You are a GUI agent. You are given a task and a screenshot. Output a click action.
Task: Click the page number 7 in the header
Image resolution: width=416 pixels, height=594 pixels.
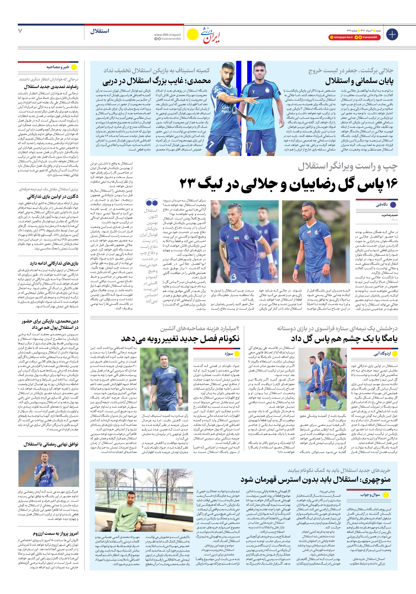point(20,31)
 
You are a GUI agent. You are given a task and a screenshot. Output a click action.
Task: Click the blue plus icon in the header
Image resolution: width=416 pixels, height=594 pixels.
point(392,34)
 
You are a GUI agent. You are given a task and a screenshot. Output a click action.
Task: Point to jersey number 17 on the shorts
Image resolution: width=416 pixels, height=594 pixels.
point(249,146)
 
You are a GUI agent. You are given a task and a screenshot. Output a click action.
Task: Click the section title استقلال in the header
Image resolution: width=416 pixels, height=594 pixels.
point(100,31)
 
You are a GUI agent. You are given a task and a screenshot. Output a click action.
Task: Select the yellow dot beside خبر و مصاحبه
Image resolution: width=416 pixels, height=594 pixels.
point(74,67)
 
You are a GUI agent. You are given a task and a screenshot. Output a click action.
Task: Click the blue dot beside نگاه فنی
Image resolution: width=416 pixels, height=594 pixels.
point(393,205)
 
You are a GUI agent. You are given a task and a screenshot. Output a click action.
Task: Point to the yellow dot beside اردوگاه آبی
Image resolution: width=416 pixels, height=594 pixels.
point(395,354)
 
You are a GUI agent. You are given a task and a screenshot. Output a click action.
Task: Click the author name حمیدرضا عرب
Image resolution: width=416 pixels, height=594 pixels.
point(390,215)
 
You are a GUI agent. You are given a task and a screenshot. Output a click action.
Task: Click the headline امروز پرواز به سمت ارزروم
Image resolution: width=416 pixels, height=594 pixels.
point(55,533)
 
